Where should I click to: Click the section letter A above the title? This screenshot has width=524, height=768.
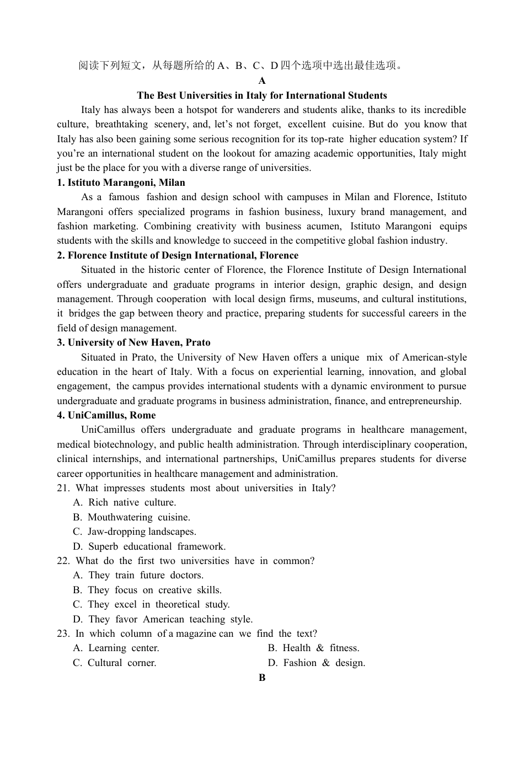click(x=262, y=80)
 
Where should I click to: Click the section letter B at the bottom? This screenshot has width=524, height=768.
click(x=262, y=678)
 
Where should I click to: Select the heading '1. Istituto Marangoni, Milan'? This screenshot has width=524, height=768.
click(x=121, y=182)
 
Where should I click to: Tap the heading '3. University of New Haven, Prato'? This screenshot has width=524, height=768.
click(x=133, y=342)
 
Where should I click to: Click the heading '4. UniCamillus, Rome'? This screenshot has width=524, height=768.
click(x=106, y=415)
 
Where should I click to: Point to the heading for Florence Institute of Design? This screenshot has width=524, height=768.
click(x=178, y=255)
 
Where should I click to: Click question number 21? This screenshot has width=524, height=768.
click(x=63, y=488)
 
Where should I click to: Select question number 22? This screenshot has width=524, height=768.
click(x=63, y=561)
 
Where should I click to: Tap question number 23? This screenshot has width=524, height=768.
click(x=63, y=633)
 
